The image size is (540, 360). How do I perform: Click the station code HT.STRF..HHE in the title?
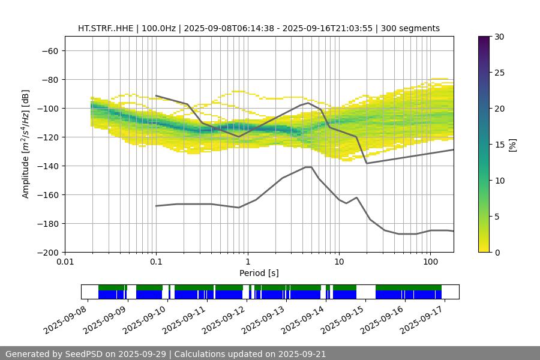pyautogui.click(x=106, y=28)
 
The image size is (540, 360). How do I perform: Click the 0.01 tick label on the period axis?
pyautogui.click(x=65, y=262)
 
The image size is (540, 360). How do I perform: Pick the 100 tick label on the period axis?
pyautogui.click(x=430, y=262)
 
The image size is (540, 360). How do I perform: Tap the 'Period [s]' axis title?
pyautogui.click(x=259, y=273)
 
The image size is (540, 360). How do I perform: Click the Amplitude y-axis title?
pyautogui.click(x=26, y=144)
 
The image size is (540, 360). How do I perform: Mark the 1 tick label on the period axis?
pyautogui.click(x=247, y=262)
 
